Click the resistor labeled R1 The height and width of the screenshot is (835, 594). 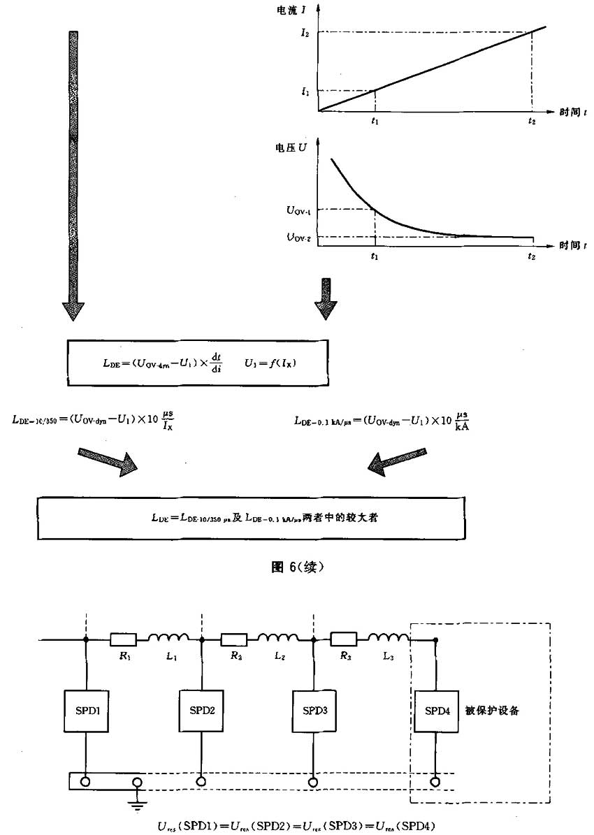click(x=123, y=638)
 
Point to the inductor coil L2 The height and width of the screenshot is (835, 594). click(x=278, y=637)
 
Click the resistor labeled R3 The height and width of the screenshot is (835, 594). click(x=343, y=638)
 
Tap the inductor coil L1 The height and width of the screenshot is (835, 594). click(x=168, y=637)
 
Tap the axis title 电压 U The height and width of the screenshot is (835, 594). click(x=293, y=148)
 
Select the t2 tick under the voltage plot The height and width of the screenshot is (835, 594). click(x=533, y=257)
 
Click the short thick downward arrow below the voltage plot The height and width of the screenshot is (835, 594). click(x=326, y=300)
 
